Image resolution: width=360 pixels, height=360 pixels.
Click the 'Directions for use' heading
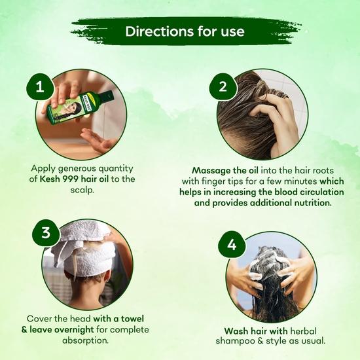(185, 31)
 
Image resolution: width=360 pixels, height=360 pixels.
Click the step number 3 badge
(45, 232)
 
